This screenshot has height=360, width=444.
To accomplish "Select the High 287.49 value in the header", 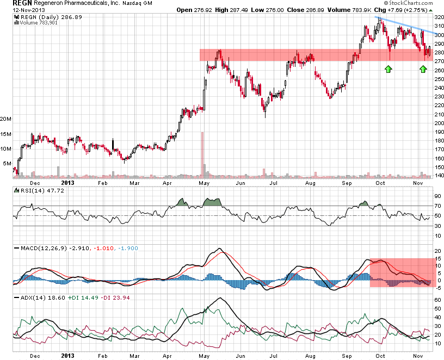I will pyautogui.click(x=231, y=10).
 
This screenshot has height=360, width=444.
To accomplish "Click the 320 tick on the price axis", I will pyautogui.click(x=439, y=17).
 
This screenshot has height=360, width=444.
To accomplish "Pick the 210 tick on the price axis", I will pyautogui.click(x=439, y=114).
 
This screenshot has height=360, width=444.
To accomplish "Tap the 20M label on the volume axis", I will pyautogui.click(x=6, y=119).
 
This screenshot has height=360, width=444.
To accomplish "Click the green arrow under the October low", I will pyautogui.click(x=388, y=69).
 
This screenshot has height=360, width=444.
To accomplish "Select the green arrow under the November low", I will pyautogui.click(x=423, y=69).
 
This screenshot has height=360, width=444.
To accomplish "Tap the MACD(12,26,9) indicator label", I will pyautogui.click(x=41, y=248).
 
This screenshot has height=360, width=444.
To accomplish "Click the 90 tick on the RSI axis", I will pyautogui.click(x=437, y=196).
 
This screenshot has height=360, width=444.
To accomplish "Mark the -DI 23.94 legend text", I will pyautogui.click(x=104, y=298).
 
